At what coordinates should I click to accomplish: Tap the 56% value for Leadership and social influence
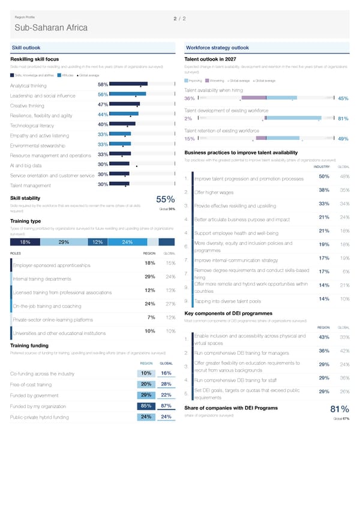tap(102, 95)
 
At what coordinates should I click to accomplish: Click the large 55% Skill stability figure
tap(165, 200)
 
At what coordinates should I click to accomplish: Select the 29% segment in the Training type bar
tap(64, 242)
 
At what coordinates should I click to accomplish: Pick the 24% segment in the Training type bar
tap(127, 242)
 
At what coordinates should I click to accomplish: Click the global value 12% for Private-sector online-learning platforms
tap(170, 318)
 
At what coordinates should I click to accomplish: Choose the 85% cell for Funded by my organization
tap(145, 406)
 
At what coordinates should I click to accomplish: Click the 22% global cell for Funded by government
tap(167, 395)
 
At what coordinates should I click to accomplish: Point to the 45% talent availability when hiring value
tap(344, 98)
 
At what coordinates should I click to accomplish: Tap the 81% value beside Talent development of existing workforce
tap(344, 118)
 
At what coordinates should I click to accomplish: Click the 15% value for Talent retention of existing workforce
tap(189, 139)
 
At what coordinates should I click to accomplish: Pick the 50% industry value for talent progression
tap(323, 176)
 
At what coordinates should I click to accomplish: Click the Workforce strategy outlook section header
tap(218, 47)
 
